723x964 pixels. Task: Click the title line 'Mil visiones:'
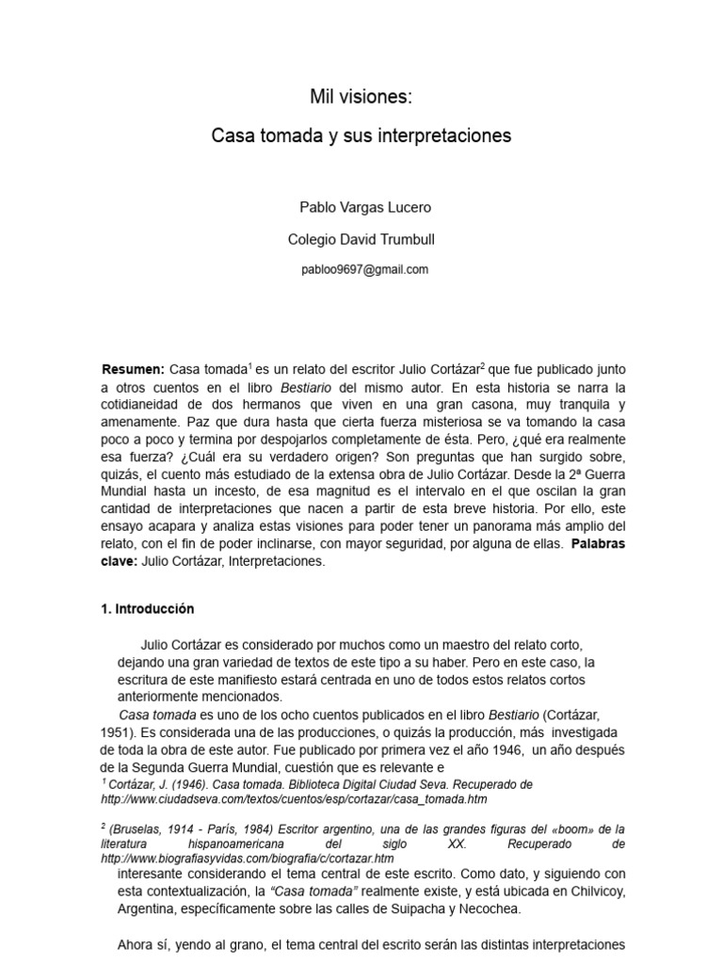point(361,96)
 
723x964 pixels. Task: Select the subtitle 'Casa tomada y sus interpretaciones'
point(361,137)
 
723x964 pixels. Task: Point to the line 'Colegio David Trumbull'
point(361,240)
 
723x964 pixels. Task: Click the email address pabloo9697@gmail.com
point(364,269)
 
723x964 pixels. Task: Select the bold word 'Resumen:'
point(133,368)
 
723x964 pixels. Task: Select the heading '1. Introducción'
point(147,609)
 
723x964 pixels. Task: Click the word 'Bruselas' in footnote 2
point(137,829)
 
